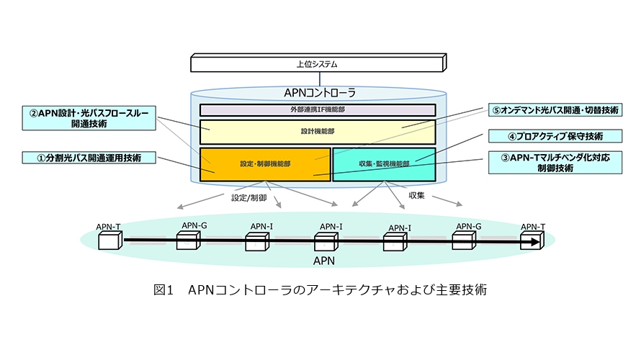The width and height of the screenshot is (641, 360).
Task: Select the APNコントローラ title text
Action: point(317,93)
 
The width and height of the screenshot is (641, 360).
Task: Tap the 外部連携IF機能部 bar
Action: point(317,110)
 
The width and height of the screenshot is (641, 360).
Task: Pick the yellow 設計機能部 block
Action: point(317,132)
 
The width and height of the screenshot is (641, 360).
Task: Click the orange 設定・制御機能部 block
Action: point(265,163)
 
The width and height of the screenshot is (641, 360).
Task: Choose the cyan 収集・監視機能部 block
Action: point(384,163)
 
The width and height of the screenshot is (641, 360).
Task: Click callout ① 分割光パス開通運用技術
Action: point(89,157)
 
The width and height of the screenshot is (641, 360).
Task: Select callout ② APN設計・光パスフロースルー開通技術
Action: point(89,118)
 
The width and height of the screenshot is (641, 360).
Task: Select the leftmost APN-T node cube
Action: point(107,242)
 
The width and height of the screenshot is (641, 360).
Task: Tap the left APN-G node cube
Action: point(187,240)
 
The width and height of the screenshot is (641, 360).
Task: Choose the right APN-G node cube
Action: point(463,240)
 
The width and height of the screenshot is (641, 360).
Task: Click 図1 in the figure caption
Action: point(165,292)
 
